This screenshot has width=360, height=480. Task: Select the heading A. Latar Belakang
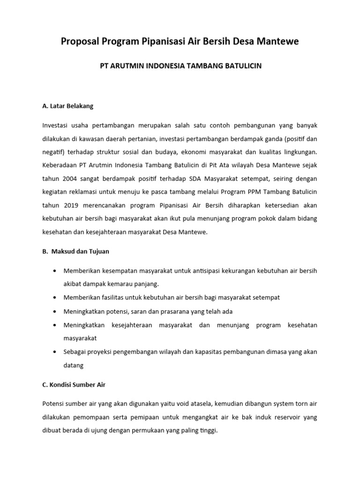coord(67,106)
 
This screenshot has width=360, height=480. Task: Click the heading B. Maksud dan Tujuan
coord(75,251)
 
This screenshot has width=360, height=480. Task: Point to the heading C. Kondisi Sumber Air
coord(74,385)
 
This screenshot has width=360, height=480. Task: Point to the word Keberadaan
coord(59,165)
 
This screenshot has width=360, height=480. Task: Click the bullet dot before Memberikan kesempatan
coord(55,271)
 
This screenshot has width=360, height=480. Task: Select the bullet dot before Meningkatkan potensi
coord(55,311)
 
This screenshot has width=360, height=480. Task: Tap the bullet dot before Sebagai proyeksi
coord(55,352)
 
